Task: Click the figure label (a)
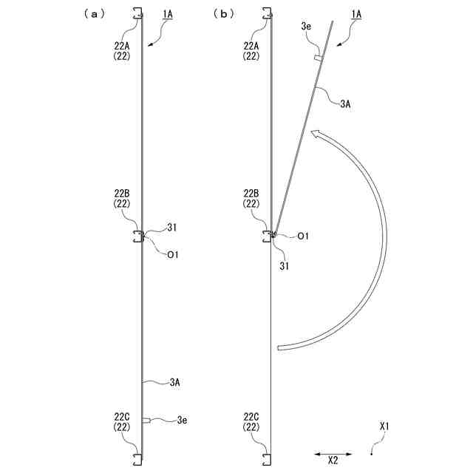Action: coord(95,14)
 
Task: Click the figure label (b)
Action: coord(223,14)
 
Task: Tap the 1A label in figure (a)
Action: coord(168,14)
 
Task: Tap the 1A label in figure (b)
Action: coord(356,14)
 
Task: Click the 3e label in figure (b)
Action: coord(306,27)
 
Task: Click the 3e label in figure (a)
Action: coord(183,420)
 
